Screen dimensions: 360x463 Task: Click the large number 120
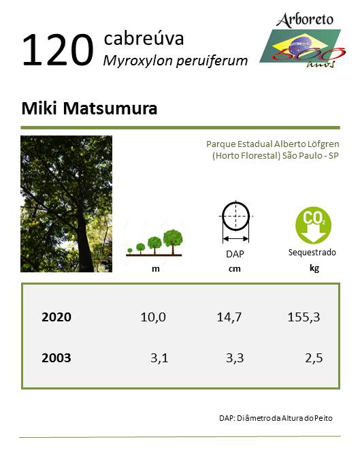tap(58, 50)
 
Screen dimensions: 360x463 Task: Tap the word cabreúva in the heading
tap(144, 38)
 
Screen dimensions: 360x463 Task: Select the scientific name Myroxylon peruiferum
tap(176, 61)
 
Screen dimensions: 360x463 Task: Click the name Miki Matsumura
tap(89, 108)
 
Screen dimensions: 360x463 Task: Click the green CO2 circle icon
tap(313, 225)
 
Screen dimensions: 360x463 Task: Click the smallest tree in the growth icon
tap(129, 251)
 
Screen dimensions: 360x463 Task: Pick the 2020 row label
tap(56, 317)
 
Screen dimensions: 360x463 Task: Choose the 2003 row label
tap(56, 358)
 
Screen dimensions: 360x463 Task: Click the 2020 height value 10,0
tap(153, 317)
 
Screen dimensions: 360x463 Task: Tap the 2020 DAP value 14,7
tap(229, 317)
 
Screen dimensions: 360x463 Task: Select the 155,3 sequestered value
tap(304, 317)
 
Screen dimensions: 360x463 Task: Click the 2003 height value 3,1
tap(159, 358)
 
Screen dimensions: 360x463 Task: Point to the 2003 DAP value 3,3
tap(235, 358)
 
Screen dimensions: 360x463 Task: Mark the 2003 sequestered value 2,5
tap(314, 358)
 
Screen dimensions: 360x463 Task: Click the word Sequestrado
tap(312, 253)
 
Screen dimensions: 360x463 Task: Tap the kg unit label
tap(314, 268)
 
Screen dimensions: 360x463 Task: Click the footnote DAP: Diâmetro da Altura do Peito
tap(276, 418)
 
